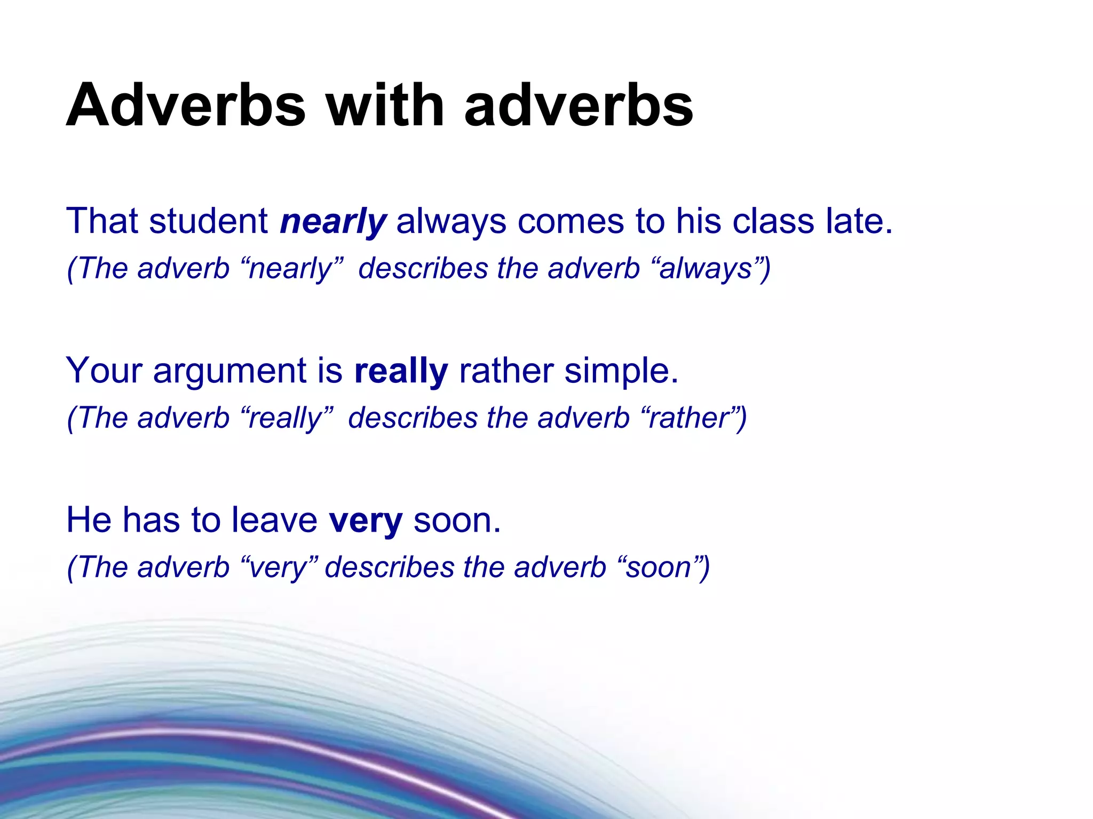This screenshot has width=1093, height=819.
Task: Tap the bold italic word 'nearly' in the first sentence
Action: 333,222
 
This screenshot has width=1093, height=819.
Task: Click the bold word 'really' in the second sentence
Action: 401,371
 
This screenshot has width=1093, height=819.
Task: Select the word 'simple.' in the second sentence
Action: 621,371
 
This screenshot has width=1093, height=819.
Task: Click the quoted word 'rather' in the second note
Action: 688,417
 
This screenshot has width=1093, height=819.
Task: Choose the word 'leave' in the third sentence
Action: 274,520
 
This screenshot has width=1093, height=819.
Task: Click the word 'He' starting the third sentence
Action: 88,520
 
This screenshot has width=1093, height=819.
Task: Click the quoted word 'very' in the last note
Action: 279,568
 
